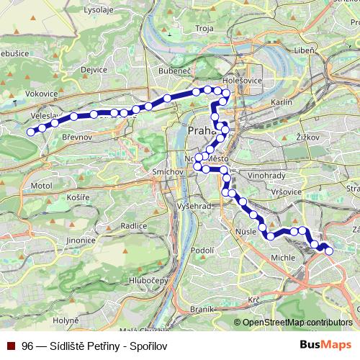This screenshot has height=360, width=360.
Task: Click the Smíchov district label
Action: click(x=167, y=173)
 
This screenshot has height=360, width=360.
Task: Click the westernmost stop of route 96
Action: click(x=30, y=132)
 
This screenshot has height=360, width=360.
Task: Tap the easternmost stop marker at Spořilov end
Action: click(x=329, y=251)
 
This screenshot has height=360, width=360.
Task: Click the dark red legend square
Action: click(x=12, y=346)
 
